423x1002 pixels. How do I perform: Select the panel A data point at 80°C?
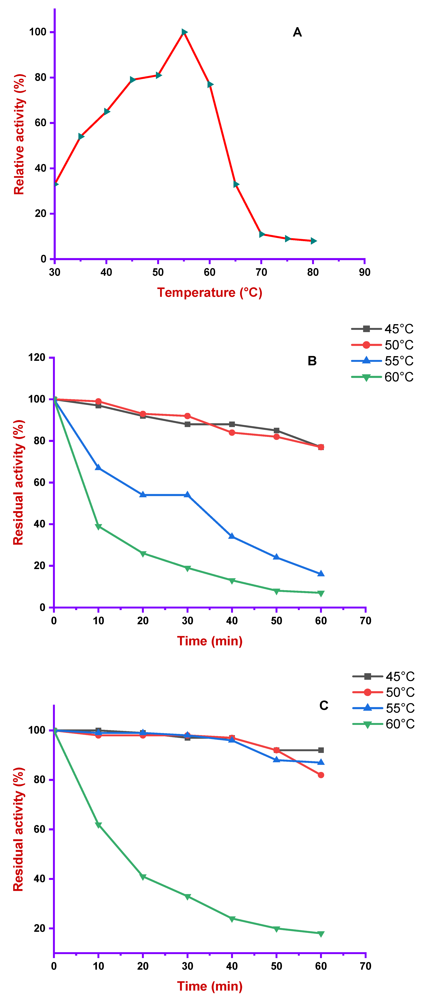pyautogui.click(x=314, y=241)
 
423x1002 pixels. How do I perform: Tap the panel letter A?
pyautogui.click(x=297, y=32)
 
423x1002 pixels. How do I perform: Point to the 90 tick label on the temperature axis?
pyautogui.click(x=365, y=272)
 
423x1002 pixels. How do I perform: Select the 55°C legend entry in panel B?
pyautogui.click(x=382, y=361)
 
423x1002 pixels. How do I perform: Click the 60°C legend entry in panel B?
pyautogui.click(x=382, y=377)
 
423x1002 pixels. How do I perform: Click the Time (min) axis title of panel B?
pyautogui.click(x=210, y=641)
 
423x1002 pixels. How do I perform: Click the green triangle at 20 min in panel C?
pyautogui.click(x=143, y=877)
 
